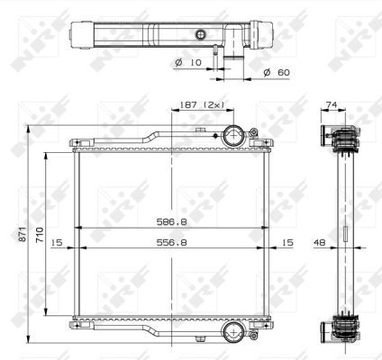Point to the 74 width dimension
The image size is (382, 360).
(x=331, y=104)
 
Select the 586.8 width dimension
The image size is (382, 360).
(x=168, y=219)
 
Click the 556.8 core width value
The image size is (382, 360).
(x=168, y=242)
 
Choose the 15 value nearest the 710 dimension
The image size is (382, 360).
(x=56, y=242)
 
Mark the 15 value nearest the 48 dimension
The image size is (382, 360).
(x=286, y=242)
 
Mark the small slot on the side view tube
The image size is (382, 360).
(x=344, y=238)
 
